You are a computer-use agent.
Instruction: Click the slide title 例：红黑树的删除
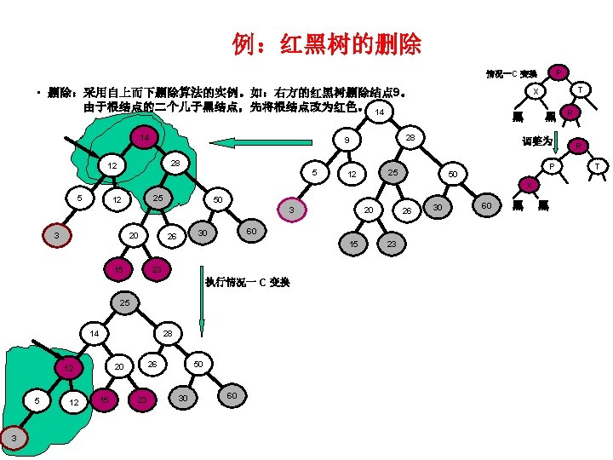(x=327, y=44)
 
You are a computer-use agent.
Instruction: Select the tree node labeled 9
(x=347, y=140)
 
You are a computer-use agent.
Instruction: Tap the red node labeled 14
(x=146, y=138)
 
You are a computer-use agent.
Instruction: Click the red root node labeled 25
(x=124, y=302)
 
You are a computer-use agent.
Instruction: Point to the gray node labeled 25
(x=393, y=174)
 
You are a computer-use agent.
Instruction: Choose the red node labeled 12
(x=71, y=368)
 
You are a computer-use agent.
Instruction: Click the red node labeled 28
(x=410, y=138)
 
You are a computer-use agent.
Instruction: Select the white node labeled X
(x=535, y=92)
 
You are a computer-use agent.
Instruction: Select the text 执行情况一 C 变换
(x=247, y=282)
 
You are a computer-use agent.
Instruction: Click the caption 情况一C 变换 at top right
(x=511, y=73)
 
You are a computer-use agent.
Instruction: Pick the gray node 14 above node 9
(x=380, y=112)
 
